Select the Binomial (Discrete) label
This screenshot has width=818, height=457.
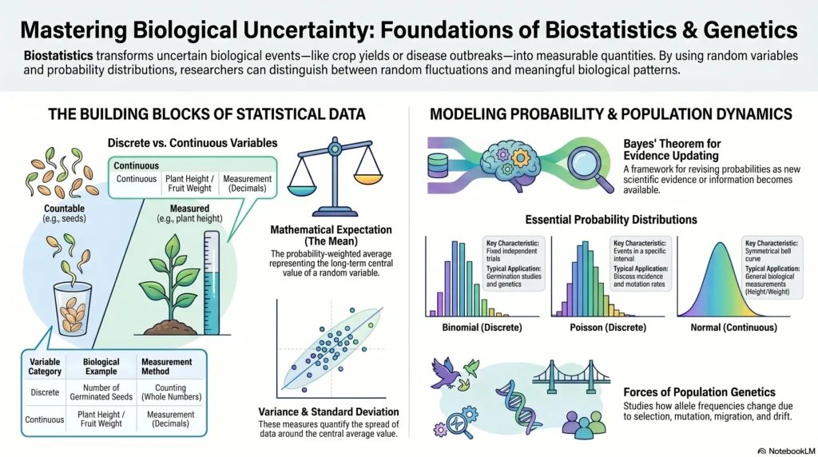pos(482,328)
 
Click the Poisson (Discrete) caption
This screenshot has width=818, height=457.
pos(608,328)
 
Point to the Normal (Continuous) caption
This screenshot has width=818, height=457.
pos(733,328)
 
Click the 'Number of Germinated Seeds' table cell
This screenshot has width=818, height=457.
pos(101,392)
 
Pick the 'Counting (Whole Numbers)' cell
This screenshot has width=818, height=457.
pos(171,392)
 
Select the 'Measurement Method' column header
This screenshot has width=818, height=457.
pos(166,366)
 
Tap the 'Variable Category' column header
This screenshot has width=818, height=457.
pos(45,366)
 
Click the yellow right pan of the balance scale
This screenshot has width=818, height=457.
pos(367,179)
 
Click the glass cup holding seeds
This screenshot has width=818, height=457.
pos(73,309)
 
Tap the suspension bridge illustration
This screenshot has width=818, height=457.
pos(571,376)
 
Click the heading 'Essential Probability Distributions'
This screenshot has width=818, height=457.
pos(611,220)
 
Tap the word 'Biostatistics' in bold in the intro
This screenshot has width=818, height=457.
pos(58,55)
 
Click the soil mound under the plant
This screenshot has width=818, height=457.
pos(171,328)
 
